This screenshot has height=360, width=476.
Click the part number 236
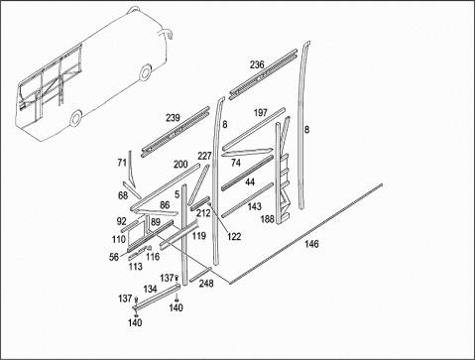point(257,64)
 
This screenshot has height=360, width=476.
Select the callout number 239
point(173,118)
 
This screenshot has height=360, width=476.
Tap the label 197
point(260,113)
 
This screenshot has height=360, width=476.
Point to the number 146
point(311,244)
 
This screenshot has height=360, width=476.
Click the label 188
point(268,219)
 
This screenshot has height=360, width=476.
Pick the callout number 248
point(206,284)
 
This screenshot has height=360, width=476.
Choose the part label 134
point(150,289)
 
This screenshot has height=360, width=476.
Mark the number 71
point(122,163)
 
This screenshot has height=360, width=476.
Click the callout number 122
point(234,237)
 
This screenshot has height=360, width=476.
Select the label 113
point(136,267)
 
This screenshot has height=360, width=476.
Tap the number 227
point(204,156)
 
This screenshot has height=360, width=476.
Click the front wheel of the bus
point(76,118)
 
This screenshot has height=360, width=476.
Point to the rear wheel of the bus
point(145,72)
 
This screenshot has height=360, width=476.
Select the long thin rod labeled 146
point(305,234)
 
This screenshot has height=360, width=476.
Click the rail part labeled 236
point(264,74)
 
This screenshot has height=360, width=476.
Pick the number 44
point(250,181)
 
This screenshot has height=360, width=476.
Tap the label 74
point(236,163)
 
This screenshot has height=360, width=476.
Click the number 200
point(180,165)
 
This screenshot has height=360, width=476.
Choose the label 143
point(254,206)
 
